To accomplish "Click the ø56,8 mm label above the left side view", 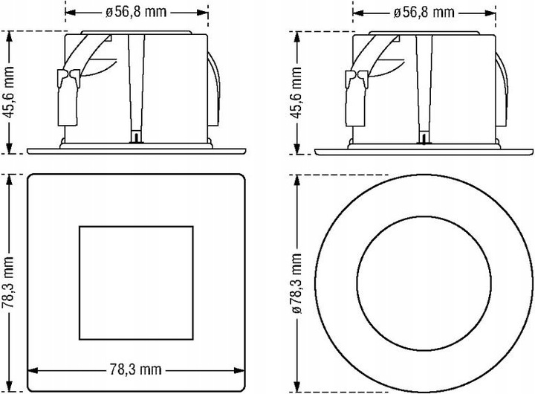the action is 136,13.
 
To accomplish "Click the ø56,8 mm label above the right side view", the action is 424,13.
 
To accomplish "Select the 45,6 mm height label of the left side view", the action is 9,92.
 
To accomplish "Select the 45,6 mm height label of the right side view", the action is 296,92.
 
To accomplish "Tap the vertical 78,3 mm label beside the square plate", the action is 8,282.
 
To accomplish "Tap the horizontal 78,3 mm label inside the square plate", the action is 135,369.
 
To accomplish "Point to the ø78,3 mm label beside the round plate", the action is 296,283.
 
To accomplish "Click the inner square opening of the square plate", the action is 136,226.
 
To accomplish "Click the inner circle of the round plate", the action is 424,216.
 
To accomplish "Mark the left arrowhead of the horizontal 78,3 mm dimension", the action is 33,370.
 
